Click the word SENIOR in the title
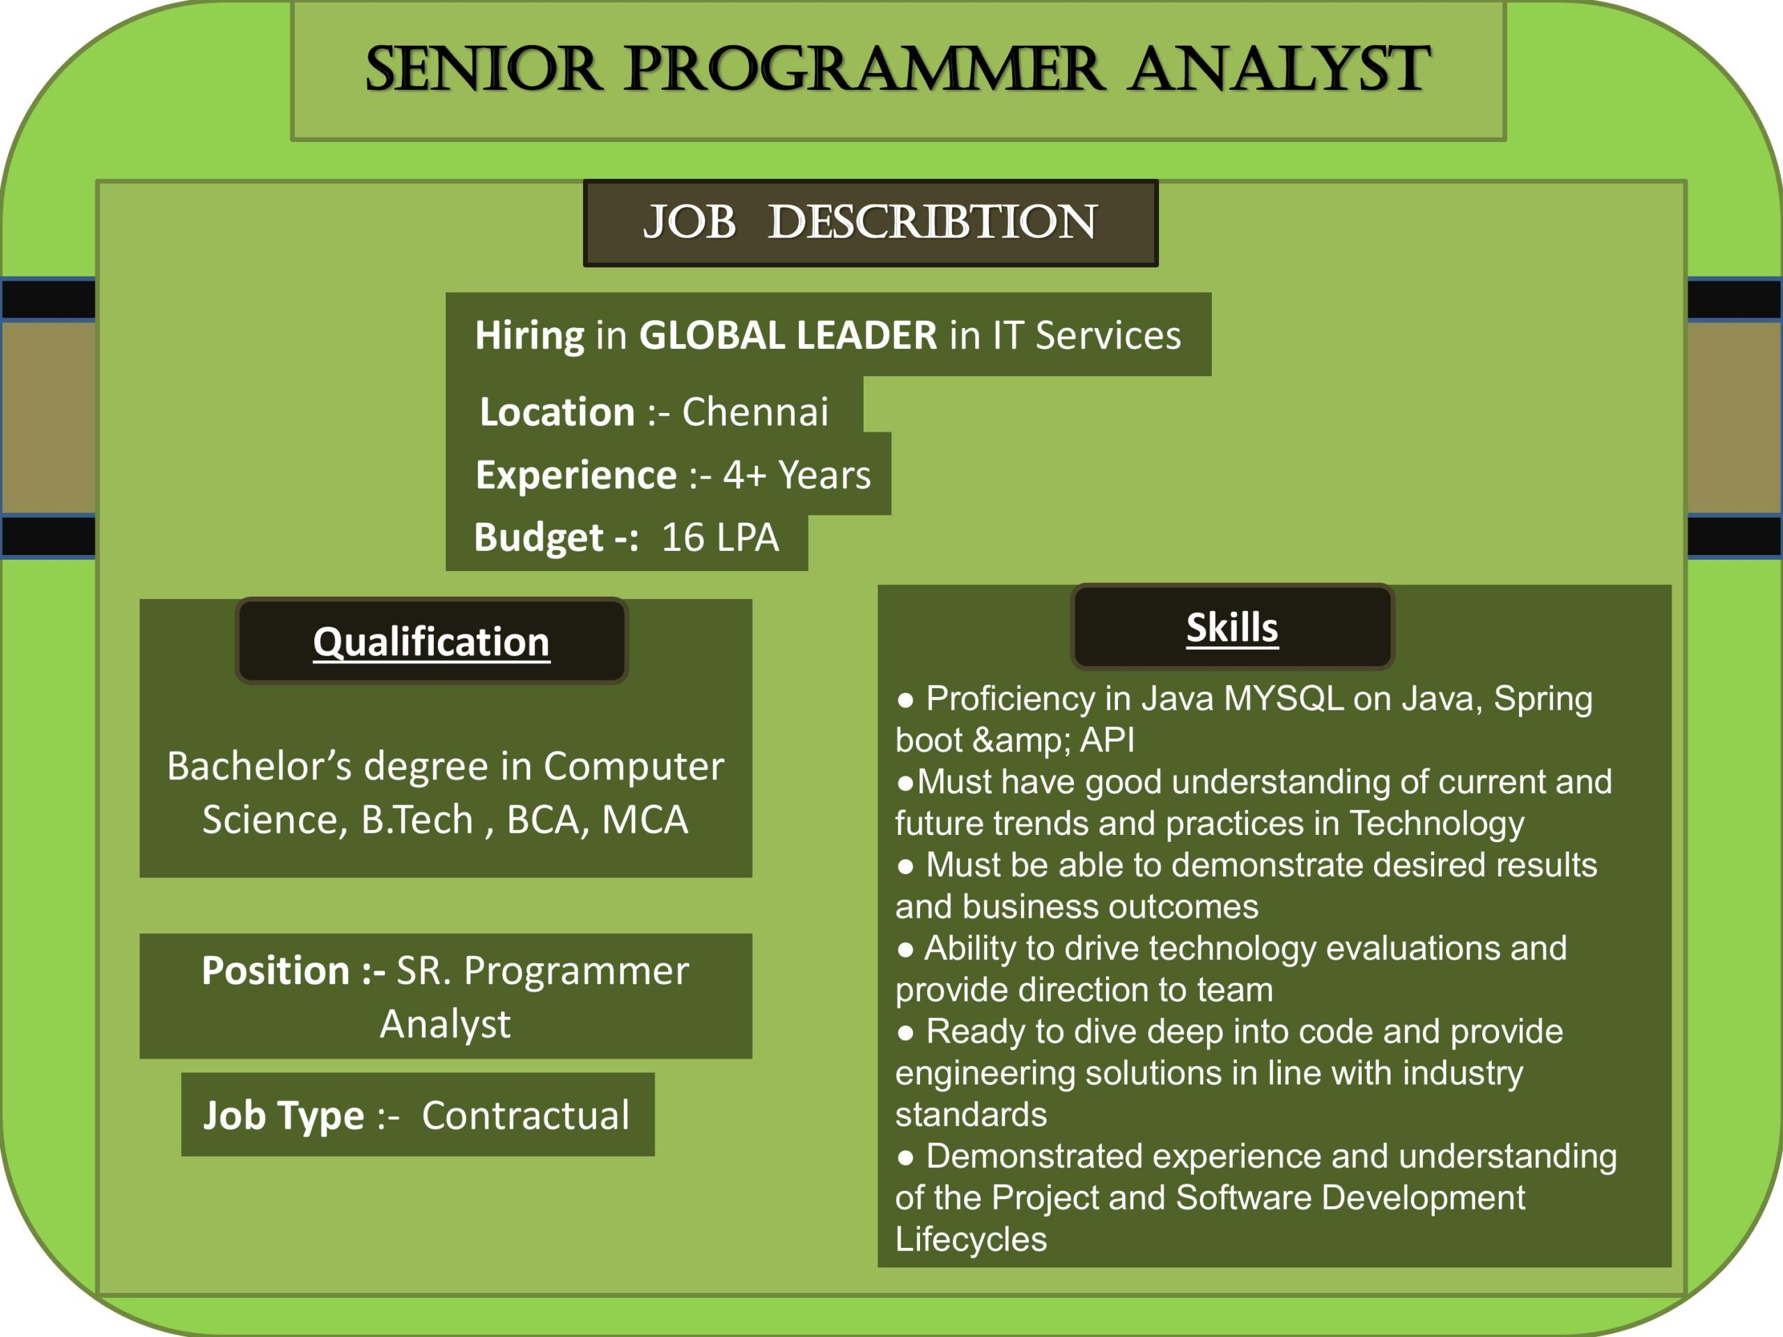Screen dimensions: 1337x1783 [x=483, y=70]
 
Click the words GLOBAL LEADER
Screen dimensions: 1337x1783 [x=788, y=335]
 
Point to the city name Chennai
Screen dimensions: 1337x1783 [x=754, y=412]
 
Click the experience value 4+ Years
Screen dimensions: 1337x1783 [x=796, y=475]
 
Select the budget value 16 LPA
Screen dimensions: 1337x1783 [x=719, y=538]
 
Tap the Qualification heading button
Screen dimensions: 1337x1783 [x=431, y=641]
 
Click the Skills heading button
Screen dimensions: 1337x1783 [x=1231, y=627]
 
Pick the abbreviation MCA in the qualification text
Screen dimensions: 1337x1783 [x=645, y=820]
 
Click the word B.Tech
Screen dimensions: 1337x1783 [x=416, y=820]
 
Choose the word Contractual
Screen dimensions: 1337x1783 [x=526, y=1116]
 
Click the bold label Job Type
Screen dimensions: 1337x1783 [x=283, y=1116]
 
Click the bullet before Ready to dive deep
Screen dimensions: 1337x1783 [x=906, y=1033]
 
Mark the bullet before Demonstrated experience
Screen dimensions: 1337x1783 [x=906, y=1158]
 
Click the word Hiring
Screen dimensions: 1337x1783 [x=529, y=335]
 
